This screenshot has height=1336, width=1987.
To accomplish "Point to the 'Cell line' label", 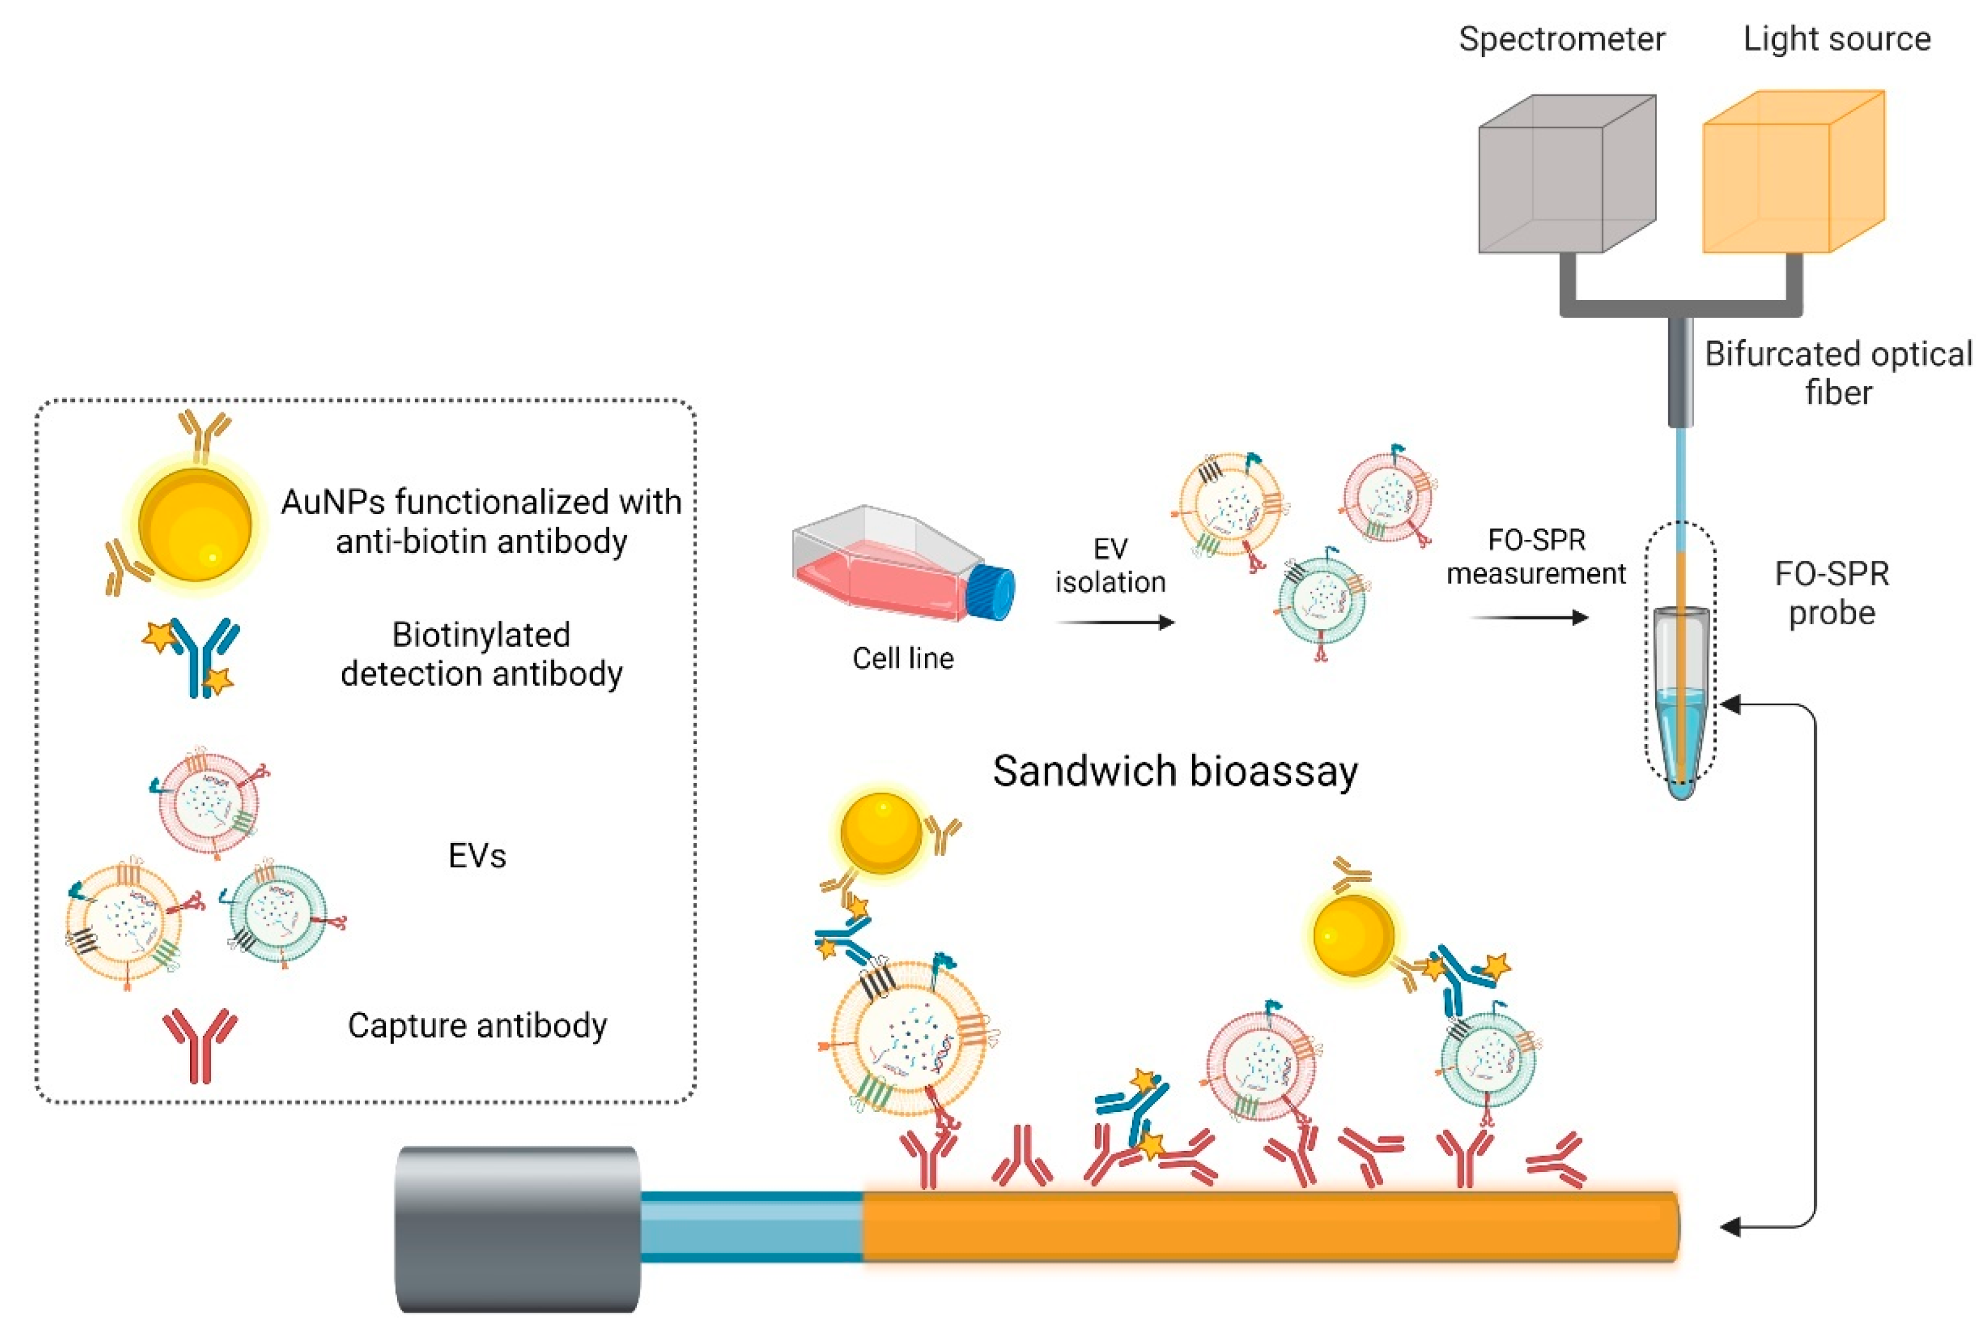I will coord(903,658).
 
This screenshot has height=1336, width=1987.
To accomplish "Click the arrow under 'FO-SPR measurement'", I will coord(1529,617).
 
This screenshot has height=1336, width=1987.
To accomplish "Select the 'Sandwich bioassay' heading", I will coord(1175,771).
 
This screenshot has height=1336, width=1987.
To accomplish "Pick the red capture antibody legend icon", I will coord(200,1043).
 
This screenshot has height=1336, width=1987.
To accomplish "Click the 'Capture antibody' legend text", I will coord(477,1025).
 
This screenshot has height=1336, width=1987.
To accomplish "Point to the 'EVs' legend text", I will coord(477,856).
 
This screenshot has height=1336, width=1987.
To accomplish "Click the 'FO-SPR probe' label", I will coord(1832,593).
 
